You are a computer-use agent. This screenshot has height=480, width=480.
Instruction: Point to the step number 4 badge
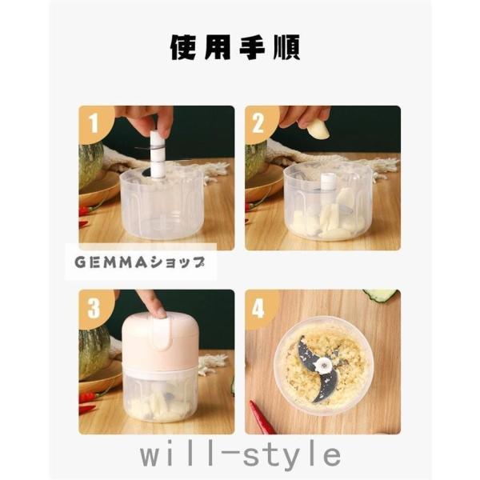pos(259,308)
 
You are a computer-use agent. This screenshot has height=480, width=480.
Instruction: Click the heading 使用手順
pos(234,47)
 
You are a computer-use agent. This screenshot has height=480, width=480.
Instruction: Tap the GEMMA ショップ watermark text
pos(140,262)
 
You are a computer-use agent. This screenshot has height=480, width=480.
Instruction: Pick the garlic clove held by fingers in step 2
pos(318,129)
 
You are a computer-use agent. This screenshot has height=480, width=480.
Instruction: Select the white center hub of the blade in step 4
pos(324,364)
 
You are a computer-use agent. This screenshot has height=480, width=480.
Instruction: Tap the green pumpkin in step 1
pos(90,166)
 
